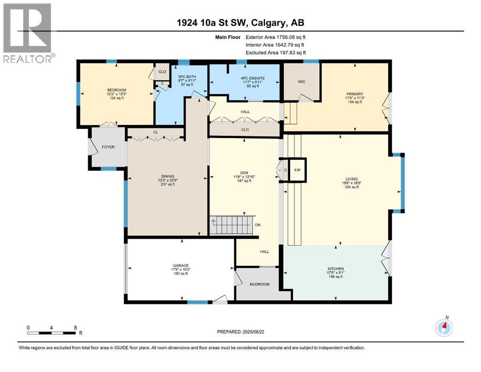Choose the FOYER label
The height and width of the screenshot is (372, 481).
[108, 147]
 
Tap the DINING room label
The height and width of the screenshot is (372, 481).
[168, 176]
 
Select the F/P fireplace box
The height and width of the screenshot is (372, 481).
[297, 170]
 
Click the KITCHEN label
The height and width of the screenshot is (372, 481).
[335, 269]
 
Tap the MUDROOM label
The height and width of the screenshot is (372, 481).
[259, 284]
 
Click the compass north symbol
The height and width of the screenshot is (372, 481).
[444, 328]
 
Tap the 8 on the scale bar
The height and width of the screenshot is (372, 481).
[75, 327]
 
